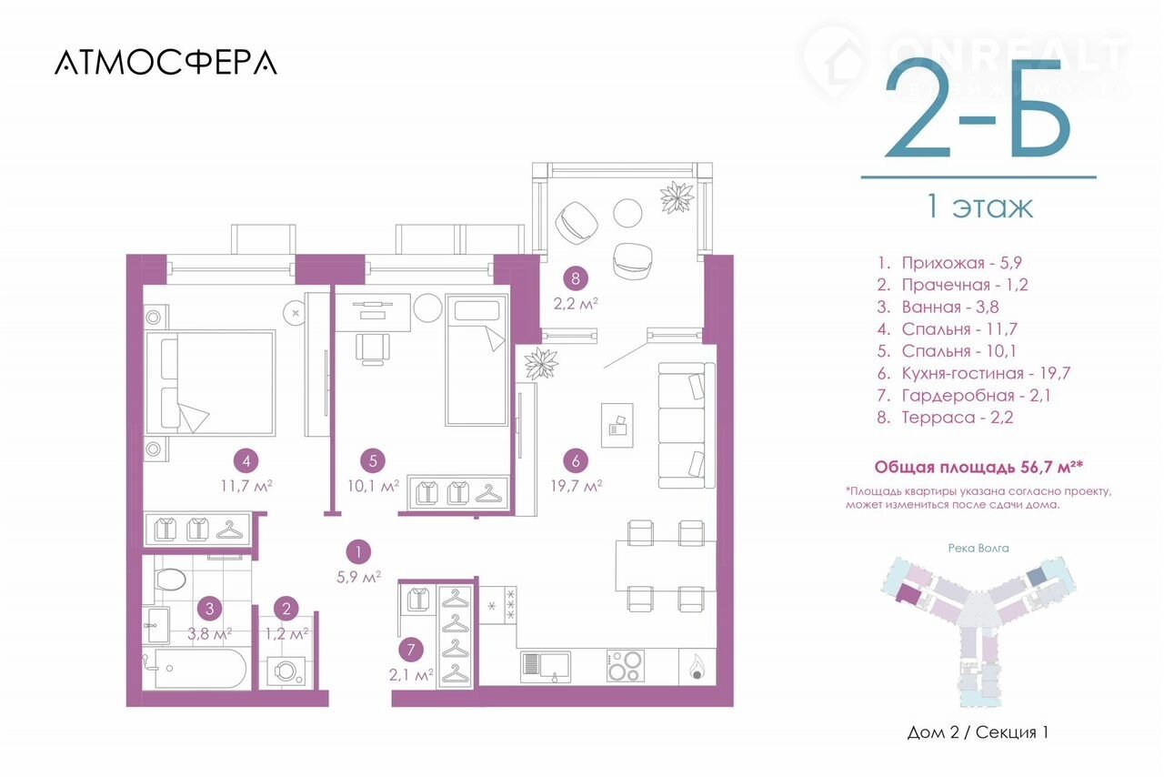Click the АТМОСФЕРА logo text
tap(166, 63)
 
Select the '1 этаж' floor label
tap(979, 207)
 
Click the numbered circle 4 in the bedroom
tap(246, 460)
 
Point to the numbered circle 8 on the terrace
tap(576, 278)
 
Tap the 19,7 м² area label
tap(577, 486)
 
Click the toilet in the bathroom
tap(170, 579)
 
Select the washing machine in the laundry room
tap(286, 671)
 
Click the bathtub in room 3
tap(195, 669)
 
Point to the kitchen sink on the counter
tap(546, 666)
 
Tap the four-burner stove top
tap(625, 666)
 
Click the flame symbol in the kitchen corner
tap(697, 667)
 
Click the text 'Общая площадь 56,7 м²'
tap(978, 467)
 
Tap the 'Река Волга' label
tap(978, 548)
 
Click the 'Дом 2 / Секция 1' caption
tap(978, 732)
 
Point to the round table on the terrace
tap(627, 213)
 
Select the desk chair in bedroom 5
tap(373, 348)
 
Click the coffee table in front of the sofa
tap(617, 425)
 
